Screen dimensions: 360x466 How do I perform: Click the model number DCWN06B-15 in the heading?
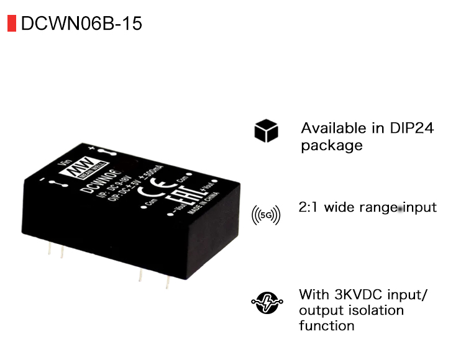pyautogui.click(x=81, y=24)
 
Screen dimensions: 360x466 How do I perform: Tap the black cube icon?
pyautogui.click(x=266, y=132)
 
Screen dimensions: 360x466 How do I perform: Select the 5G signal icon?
pyautogui.click(x=266, y=215)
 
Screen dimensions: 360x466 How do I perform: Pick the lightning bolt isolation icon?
pyautogui.click(x=266, y=302)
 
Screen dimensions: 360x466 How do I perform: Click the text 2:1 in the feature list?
pyautogui.click(x=309, y=207)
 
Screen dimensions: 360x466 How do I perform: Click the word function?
pyautogui.click(x=326, y=325)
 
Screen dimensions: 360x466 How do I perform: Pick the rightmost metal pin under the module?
pyautogui.click(x=167, y=281)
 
